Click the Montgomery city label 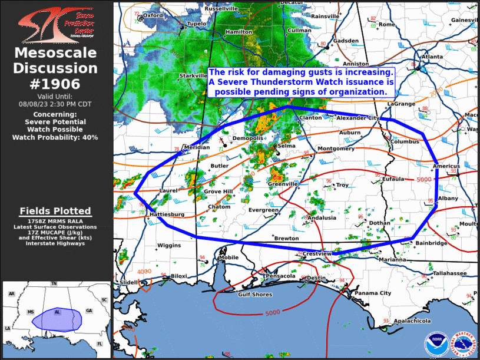tap(335, 148)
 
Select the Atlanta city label tap(432, 57)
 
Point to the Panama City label tap(373, 293)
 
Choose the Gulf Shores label tap(254, 295)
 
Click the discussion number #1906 tap(55, 84)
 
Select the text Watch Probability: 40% tap(55, 137)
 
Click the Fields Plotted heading tap(55, 211)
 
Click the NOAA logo tap(435, 344)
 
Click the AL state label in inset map tap(57, 312)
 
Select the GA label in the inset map tap(89, 311)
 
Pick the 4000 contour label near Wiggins tap(144, 271)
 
